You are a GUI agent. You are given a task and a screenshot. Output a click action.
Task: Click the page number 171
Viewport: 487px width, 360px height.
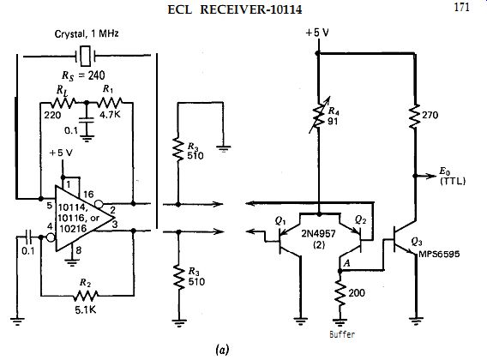click(x=461, y=7)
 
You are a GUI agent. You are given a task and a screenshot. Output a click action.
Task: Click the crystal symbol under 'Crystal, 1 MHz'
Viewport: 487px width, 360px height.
click(x=86, y=57)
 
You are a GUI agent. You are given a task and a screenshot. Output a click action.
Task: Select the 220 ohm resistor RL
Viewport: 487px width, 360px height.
click(x=63, y=102)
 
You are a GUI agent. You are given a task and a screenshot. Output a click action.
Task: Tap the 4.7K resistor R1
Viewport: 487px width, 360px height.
click(x=110, y=102)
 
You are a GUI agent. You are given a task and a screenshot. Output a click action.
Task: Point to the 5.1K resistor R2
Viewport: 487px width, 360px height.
click(x=86, y=296)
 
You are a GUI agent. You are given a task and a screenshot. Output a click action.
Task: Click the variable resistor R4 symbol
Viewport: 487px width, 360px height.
click(x=319, y=115)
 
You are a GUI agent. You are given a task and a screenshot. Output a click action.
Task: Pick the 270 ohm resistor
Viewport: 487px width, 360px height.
click(x=415, y=116)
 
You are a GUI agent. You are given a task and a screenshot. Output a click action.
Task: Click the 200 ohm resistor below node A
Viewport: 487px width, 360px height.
click(x=340, y=293)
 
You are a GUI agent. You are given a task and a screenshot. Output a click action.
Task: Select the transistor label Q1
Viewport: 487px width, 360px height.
click(x=280, y=220)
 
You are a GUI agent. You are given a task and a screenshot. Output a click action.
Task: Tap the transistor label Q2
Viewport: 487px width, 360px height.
click(x=360, y=220)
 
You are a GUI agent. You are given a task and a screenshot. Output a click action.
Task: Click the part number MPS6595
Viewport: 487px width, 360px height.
click(x=439, y=254)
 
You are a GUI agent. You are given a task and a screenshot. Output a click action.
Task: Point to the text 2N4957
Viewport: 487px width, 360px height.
click(x=318, y=233)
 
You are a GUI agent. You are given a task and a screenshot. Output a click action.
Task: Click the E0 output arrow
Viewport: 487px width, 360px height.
click(x=426, y=176)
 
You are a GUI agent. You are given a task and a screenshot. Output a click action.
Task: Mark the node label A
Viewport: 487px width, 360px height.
click(x=346, y=263)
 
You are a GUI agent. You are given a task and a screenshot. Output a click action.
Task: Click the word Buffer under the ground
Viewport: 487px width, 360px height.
click(x=342, y=334)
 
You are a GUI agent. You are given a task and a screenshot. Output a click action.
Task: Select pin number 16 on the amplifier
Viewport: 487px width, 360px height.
click(x=88, y=195)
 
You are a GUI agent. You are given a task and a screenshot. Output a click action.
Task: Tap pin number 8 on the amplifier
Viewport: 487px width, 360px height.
click(x=79, y=249)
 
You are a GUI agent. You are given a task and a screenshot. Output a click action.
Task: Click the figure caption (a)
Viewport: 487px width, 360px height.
click(x=222, y=350)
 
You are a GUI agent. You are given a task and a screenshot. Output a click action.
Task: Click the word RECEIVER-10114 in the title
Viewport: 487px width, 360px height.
click(x=250, y=9)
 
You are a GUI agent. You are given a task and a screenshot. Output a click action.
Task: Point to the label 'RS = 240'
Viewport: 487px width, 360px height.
click(x=83, y=75)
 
